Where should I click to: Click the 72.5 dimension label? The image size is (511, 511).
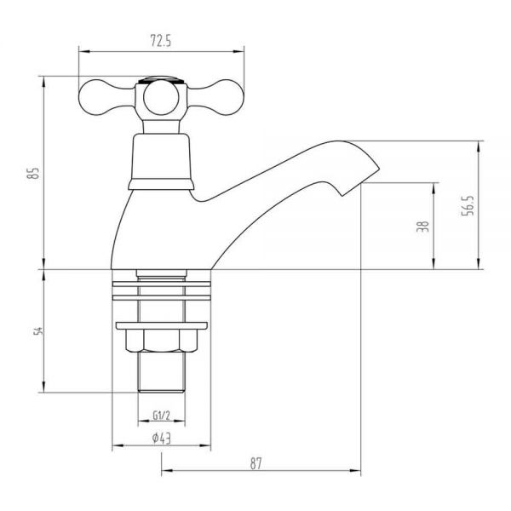tap(161, 42)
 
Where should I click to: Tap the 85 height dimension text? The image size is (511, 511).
tap(33, 173)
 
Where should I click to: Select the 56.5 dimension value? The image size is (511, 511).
tap(468, 205)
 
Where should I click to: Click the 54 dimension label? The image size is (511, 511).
tap(38, 330)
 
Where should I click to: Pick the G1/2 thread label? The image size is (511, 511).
tap(161, 416)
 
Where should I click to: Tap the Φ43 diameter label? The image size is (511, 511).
tap(161, 439)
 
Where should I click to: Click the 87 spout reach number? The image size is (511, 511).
tap(256, 463)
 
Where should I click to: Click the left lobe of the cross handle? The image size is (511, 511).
tap(98, 97)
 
